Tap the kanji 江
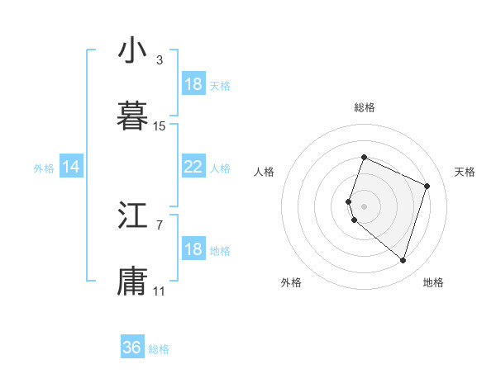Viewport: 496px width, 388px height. tap(132, 217)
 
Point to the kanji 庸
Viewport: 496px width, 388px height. tap(132, 282)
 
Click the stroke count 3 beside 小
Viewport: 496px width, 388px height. tap(159, 59)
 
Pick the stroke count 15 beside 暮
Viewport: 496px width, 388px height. tap(160, 126)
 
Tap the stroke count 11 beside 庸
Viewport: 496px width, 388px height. tap(160, 291)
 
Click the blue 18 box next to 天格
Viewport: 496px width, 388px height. tap(193, 84)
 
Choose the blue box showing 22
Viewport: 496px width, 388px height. tap(193, 167)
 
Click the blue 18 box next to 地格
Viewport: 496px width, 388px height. tap(193, 249)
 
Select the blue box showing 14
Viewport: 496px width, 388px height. tap(71, 168)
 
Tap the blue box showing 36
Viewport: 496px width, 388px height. tap(132, 348)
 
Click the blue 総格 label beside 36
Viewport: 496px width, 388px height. tap(160, 349)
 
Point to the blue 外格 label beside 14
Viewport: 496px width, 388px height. tap(44, 168)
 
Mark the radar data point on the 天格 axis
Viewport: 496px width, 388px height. tap(427, 186)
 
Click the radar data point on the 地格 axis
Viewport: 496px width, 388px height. tap(403, 261)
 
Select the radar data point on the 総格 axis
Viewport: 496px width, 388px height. tap(364, 157)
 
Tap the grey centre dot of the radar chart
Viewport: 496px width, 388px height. tap(364, 205)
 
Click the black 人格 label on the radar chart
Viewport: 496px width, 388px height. tap(265, 172)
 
